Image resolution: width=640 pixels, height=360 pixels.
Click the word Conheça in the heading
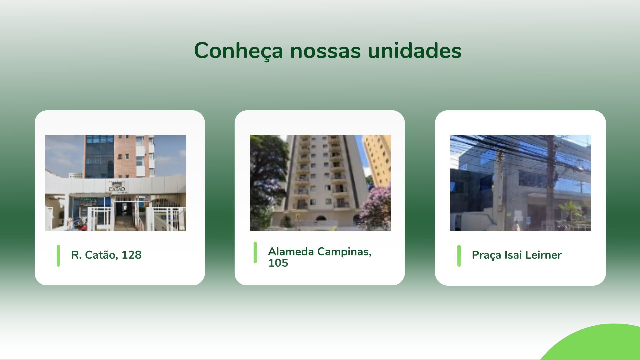[x=239, y=51]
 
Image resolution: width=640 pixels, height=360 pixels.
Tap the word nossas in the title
[x=326, y=51]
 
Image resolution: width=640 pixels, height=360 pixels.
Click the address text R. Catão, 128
[x=106, y=255]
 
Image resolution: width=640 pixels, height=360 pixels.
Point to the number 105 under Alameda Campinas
[x=278, y=263]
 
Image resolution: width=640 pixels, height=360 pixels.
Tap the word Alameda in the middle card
[x=291, y=252]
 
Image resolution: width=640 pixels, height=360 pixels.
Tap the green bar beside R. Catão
[x=58, y=256]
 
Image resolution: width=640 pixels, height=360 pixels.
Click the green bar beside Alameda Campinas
[x=255, y=252]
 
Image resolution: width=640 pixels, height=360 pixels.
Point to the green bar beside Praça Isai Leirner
[x=459, y=256]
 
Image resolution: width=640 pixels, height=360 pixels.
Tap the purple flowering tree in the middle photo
[x=377, y=208]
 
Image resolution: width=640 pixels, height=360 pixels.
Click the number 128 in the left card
[x=131, y=255]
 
